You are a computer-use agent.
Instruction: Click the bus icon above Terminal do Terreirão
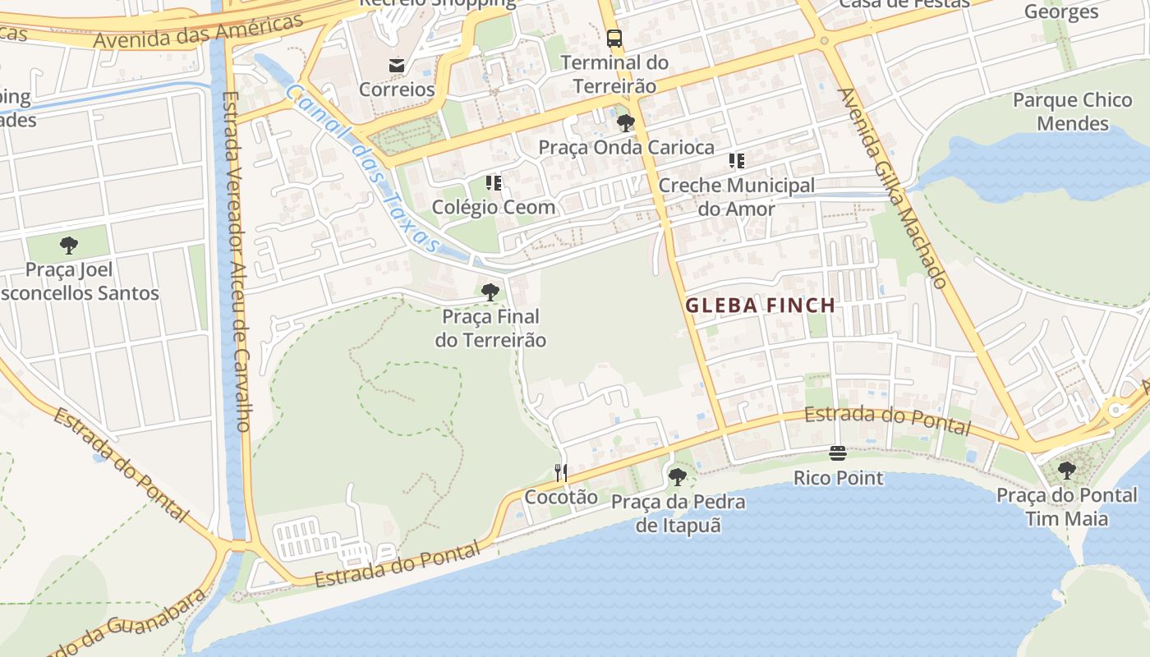(614, 38)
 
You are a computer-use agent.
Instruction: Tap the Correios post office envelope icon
(397, 65)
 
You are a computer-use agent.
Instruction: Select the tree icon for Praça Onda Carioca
(626, 123)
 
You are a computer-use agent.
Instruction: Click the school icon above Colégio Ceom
(494, 182)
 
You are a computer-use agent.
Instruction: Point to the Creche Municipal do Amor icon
(737, 161)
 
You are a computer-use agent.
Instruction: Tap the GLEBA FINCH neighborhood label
(761, 306)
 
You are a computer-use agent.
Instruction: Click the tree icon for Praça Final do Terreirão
(490, 292)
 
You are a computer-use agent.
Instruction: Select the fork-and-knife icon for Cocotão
(561, 472)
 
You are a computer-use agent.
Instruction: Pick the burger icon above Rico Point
(838, 453)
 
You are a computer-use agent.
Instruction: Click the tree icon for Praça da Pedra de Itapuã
(678, 476)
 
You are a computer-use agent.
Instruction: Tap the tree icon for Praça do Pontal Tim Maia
(1066, 471)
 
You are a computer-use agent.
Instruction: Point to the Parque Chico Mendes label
(1073, 112)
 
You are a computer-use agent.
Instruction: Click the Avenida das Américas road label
(198, 31)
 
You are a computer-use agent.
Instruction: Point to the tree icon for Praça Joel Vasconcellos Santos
(69, 245)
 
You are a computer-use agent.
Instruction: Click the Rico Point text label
(838, 477)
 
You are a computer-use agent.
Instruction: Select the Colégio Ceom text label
(494, 207)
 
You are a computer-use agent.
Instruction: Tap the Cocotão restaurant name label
(561, 496)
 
